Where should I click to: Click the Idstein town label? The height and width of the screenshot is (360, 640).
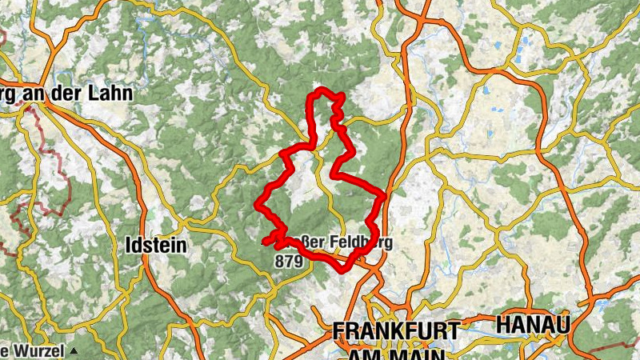(x=156, y=246)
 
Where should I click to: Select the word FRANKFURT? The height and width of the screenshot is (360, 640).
(x=397, y=330)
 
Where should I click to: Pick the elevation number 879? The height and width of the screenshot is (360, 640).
(x=288, y=261)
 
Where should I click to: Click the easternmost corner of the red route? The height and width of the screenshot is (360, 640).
(x=385, y=194)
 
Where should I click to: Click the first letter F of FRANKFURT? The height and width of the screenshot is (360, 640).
(x=339, y=330)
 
